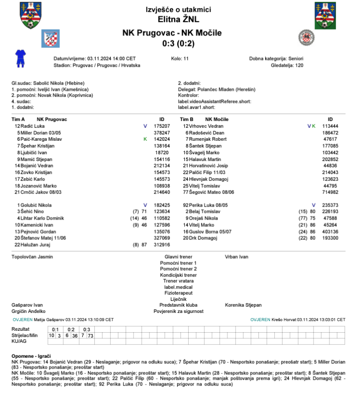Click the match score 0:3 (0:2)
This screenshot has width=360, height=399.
click(x=178, y=43)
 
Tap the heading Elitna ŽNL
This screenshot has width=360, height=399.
click(x=178, y=19)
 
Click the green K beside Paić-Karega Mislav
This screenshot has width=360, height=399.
click(x=145, y=139)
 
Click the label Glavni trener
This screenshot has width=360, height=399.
click(x=178, y=257)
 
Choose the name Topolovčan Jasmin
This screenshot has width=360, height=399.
click(x=32, y=257)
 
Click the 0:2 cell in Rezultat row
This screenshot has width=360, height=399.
click(x=71, y=329)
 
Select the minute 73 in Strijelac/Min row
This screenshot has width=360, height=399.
click(x=90, y=335)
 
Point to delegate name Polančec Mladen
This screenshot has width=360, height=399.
click(x=226, y=89)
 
